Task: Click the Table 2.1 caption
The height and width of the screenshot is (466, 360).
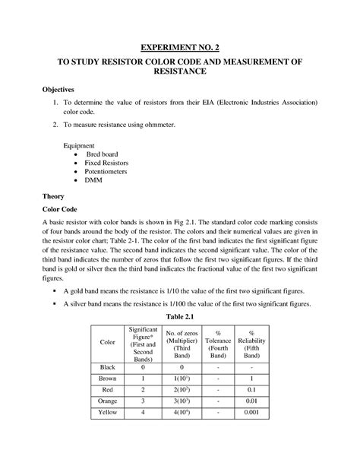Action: tap(180, 316)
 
